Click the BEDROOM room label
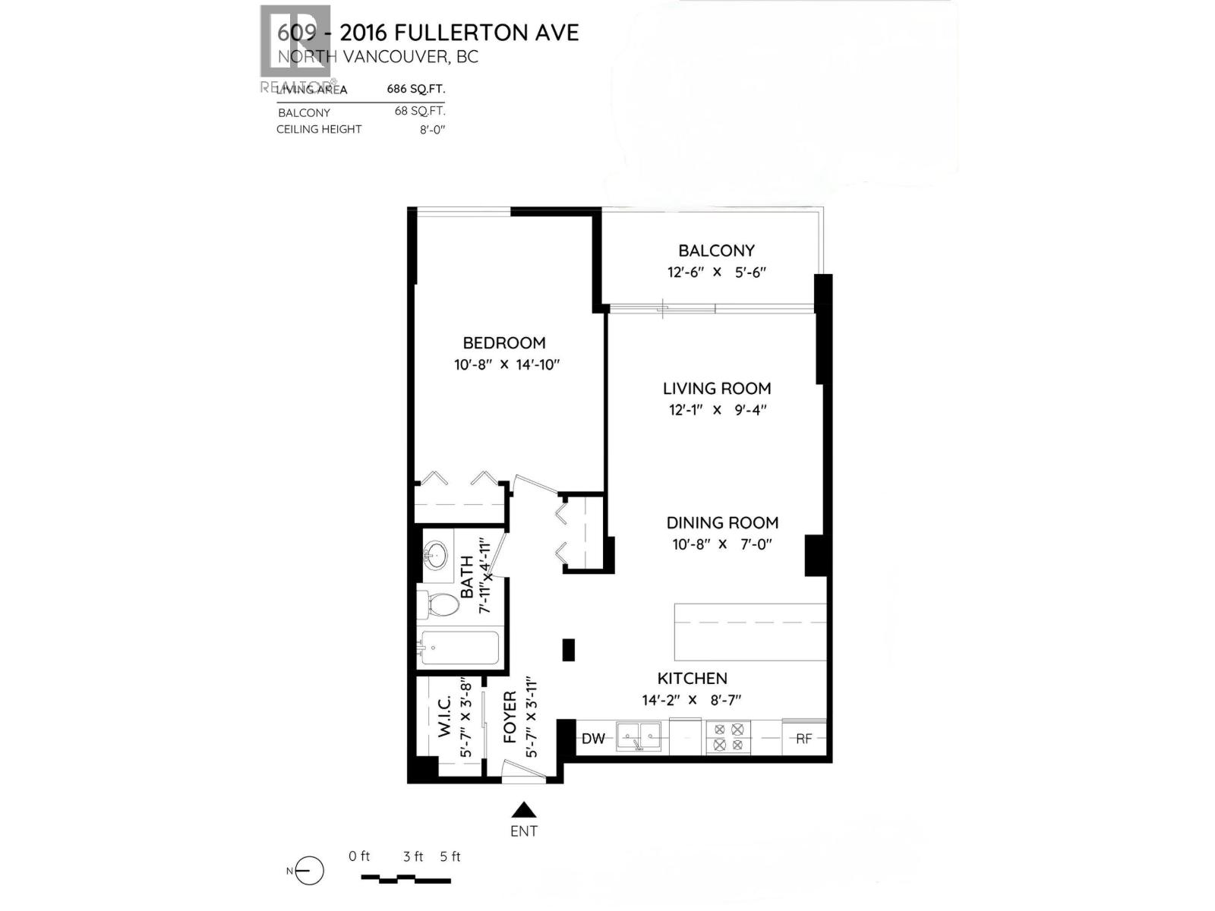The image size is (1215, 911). [x=504, y=343]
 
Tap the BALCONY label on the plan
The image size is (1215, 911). [x=716, y=251]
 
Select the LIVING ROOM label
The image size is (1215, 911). [x=717, y=389]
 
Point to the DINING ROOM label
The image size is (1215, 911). [x=722, y=523]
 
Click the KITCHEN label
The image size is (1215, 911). [x=692, y=679]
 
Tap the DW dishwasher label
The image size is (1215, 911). [x=593, y=739]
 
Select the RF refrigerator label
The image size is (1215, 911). [x=804, y=738]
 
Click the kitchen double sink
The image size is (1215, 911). [x=641, y=736]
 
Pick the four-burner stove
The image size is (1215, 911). [x=728, y=737]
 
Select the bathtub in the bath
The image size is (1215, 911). [x=458, y=648]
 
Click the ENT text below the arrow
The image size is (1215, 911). [x=524, y=831]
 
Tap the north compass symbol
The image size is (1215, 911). [x=308, y=871]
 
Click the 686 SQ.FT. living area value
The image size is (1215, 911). [x=416, y=88]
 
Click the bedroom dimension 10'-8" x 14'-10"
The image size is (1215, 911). [x=507, y=364]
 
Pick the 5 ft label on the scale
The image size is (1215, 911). [x=450, y=856]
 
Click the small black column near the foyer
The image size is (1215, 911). [x=568, y=650]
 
